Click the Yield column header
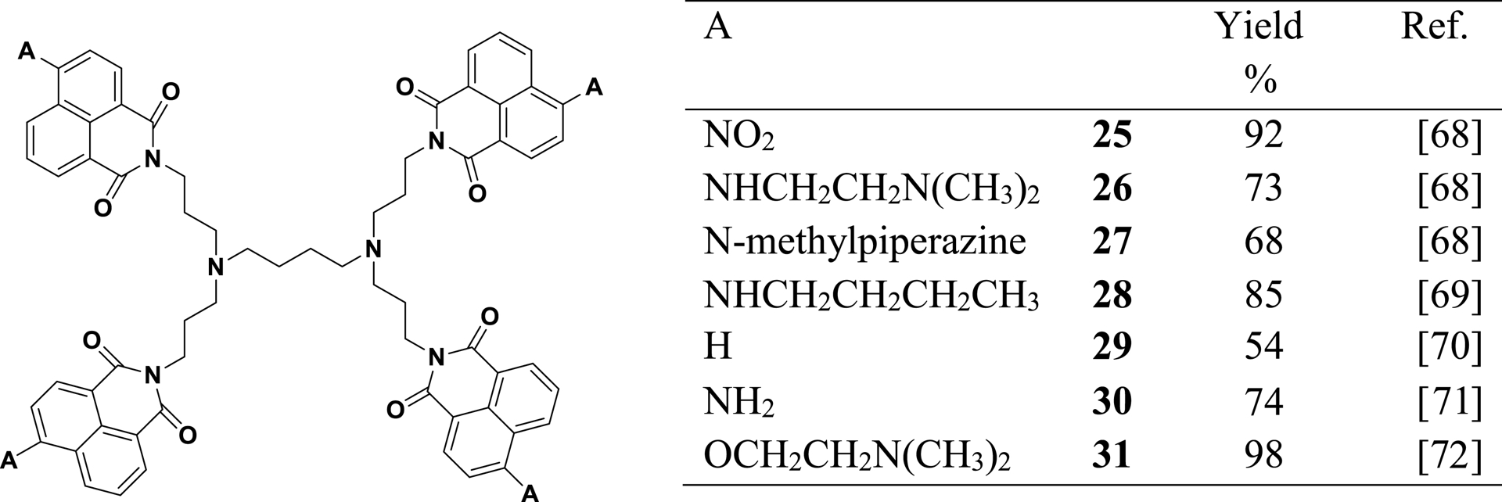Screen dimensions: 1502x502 [x=1258, y=27]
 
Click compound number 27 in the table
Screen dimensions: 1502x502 [x=1112, y=240]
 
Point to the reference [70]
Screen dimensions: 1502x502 [x=1450, y=346]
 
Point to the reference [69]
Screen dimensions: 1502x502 [x=1450, y=293]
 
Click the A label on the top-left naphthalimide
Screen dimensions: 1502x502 [x=26, y=52]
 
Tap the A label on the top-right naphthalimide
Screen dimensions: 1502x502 [x=595, y=87]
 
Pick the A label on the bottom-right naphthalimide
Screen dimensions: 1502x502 [x=530, y=493]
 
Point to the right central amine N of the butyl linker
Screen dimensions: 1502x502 [x=373, y=249]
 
